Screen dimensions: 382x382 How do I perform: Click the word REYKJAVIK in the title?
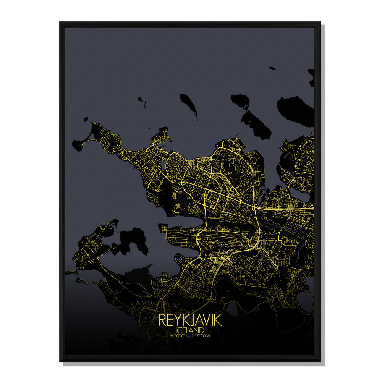[x=190, y=320]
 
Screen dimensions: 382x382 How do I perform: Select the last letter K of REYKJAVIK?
[x=219, y=320]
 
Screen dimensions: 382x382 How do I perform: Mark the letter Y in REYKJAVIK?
[x=175, y=320]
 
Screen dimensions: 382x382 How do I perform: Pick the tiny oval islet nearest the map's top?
[x=272, y=68]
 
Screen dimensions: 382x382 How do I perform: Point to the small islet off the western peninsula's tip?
[x=86, y=119]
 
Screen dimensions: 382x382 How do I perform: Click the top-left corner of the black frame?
[x=60, y=22]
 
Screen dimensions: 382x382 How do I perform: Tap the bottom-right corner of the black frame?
[x=320, y=361]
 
